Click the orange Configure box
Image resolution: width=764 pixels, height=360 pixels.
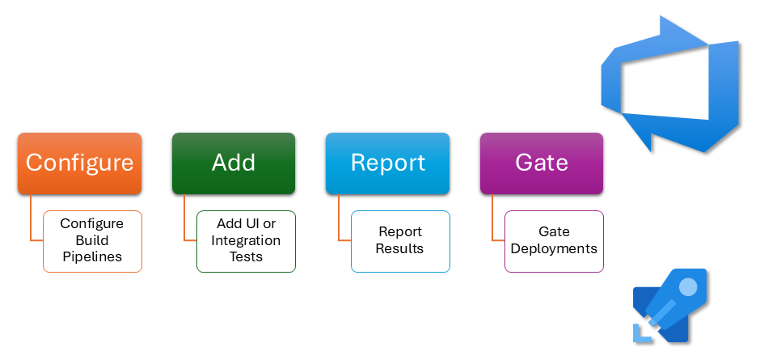(79, 163)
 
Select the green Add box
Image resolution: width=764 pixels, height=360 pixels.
(234, 163)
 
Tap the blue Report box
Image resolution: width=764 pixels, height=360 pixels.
(387, 163)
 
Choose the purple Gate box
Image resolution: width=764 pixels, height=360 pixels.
(542, 163)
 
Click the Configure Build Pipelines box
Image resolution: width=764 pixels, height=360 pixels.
(92, 241)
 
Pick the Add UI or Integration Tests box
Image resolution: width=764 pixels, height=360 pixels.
(246, 241)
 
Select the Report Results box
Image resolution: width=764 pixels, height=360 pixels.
(400, 241)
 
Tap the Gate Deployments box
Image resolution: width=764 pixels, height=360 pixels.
(554, 241)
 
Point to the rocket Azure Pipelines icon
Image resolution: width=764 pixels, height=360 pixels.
(669, 307)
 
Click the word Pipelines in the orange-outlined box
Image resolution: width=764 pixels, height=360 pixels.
(92, 257)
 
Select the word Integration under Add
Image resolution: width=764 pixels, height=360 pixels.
(246, 241)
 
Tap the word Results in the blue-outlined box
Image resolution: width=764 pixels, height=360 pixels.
(400, 249)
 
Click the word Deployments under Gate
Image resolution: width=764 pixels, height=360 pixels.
(554, 249)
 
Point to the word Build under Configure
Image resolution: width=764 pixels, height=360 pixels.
(92, 241)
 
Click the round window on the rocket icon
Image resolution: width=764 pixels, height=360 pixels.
(687, 286)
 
